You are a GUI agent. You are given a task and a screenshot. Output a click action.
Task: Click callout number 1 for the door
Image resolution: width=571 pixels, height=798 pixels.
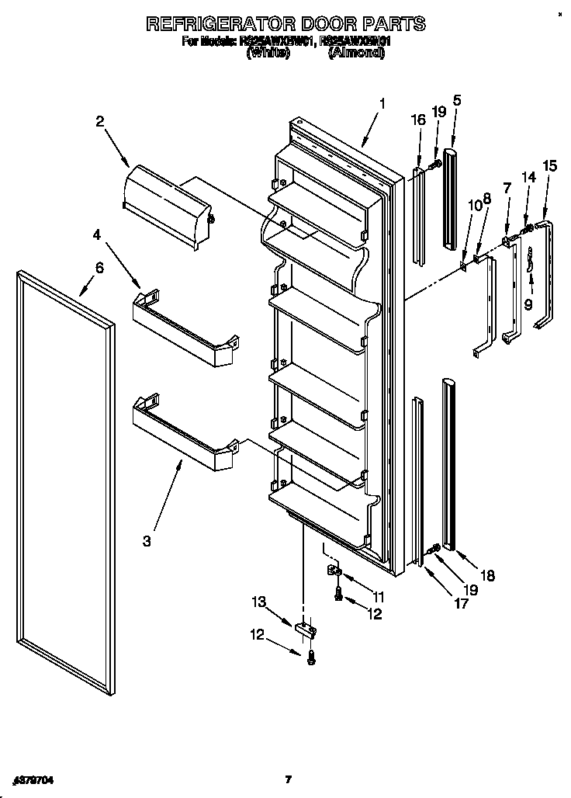click(x=382, y=104)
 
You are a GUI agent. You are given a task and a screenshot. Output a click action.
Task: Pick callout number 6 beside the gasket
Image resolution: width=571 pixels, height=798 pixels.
click(x=99, y=268)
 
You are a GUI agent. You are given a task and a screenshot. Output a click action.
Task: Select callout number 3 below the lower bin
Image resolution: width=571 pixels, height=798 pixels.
click(x=147, y=540)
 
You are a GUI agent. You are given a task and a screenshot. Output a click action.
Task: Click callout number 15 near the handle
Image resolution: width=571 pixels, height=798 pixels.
click(x=549, y=165)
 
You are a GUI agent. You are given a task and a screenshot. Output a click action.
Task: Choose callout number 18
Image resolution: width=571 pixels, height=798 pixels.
click(x=486, y=576)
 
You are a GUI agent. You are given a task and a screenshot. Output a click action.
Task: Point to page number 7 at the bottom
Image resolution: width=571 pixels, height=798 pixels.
click(x=287, y=779)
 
